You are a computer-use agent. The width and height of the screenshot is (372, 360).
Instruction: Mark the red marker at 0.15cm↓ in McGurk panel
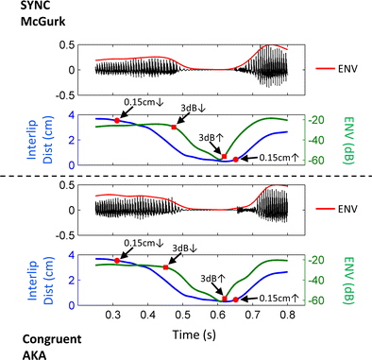point(117,120)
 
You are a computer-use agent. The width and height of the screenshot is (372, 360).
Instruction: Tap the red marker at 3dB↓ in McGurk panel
point(173,127)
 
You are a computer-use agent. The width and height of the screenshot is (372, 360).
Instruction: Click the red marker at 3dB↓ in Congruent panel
point(166,267)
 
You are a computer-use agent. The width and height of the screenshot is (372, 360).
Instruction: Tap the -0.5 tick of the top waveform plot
point(61,94)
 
